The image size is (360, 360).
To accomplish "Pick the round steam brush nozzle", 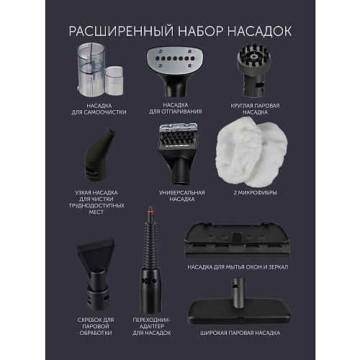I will [x=257, y=68].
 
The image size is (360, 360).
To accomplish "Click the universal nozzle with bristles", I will [x=179, y=148].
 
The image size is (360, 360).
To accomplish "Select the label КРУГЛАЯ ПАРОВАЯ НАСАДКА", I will [x=258, y=108].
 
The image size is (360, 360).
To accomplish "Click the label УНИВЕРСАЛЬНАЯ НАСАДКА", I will [x=179, y=197].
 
